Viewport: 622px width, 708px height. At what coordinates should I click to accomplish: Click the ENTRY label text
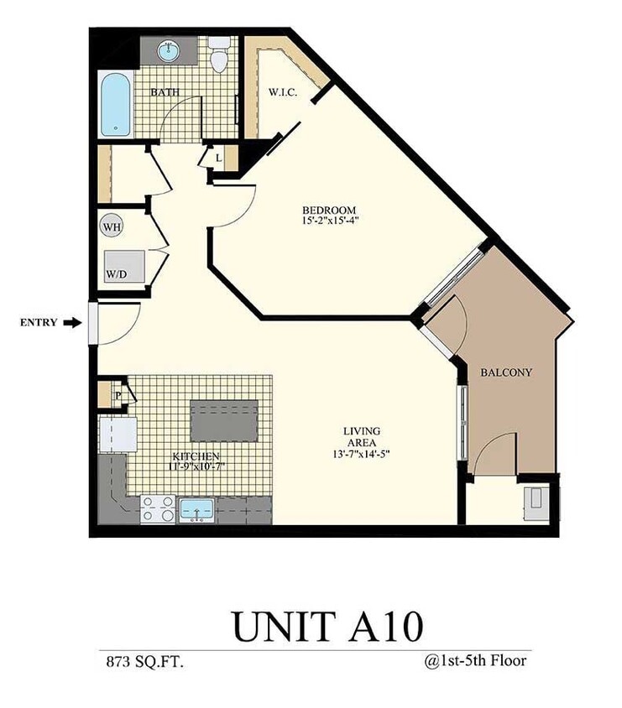tap(38, 322)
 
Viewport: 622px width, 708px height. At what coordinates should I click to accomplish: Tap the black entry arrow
tap(75, 322)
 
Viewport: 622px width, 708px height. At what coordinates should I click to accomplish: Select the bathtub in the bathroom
tap(115, 107)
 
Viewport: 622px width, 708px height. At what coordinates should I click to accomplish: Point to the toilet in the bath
tap(221, 56)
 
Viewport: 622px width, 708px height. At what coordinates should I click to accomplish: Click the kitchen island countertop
tap(226, 421)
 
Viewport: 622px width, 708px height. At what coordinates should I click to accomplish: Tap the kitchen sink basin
tap(198, 509)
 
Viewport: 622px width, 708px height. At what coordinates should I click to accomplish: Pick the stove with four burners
tap(157, 509)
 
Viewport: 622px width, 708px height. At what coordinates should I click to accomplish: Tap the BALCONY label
tap(506, 372)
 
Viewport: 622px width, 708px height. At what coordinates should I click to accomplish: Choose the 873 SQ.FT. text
tap(141, 662)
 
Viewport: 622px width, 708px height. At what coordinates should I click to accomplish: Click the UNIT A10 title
tap(327, 624)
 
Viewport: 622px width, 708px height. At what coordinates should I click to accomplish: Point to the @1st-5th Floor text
tap(475, 661)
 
